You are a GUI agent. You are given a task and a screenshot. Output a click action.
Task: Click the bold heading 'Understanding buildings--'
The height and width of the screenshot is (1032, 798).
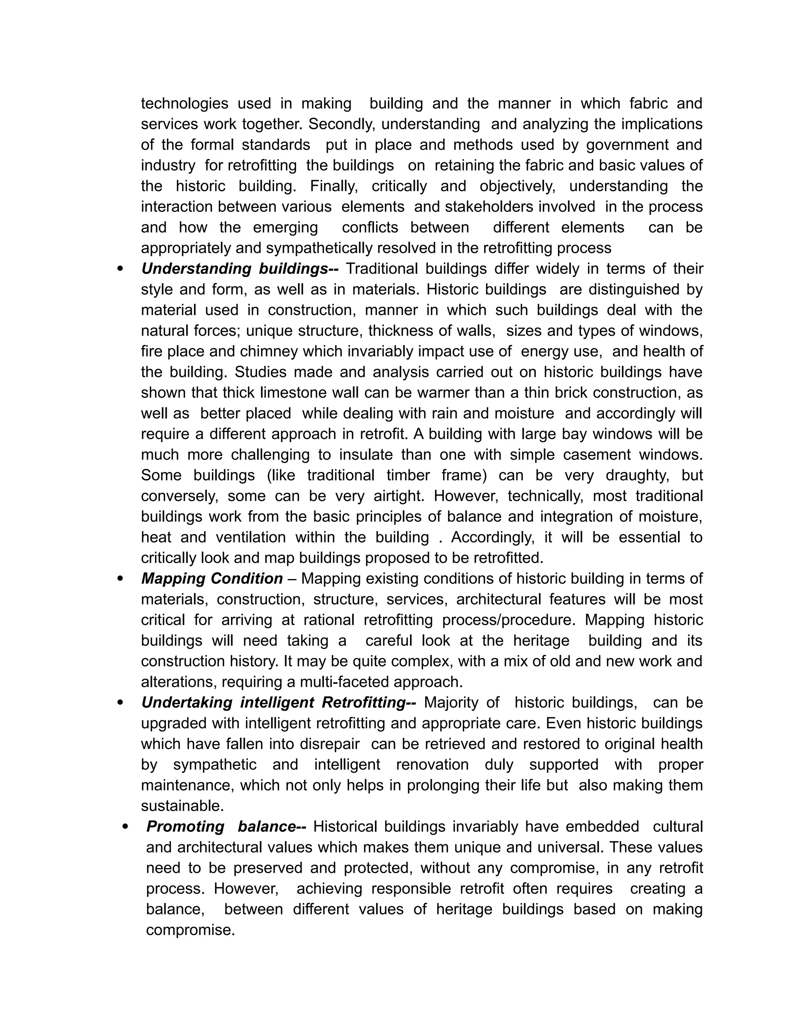click(x=240, y=269)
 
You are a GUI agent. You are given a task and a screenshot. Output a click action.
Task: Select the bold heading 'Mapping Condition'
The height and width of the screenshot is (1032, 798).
click(x=212, y=579)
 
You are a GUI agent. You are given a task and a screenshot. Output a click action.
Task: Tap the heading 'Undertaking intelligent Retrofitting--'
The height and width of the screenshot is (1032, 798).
click(x=279, y=703)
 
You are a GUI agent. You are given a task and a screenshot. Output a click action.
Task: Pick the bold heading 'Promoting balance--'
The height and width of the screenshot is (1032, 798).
click(x=226, y=826)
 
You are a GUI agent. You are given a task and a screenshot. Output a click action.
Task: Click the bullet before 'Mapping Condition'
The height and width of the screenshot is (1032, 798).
click(x=120, y=579)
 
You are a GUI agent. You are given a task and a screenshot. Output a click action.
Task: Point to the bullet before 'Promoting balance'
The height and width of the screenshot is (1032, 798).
click(x=125, y=827)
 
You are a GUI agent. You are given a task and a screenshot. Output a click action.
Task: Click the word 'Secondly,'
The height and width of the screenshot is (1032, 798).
click(x=343, y=124)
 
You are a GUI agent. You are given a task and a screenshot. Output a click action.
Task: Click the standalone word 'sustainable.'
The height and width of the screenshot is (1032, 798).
click(x=182, y=806)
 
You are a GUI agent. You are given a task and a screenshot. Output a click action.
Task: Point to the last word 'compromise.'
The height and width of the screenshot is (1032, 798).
click(x=190, y=930)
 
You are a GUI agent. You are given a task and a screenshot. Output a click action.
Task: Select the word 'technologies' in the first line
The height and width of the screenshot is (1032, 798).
click(x=184, y=104)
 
